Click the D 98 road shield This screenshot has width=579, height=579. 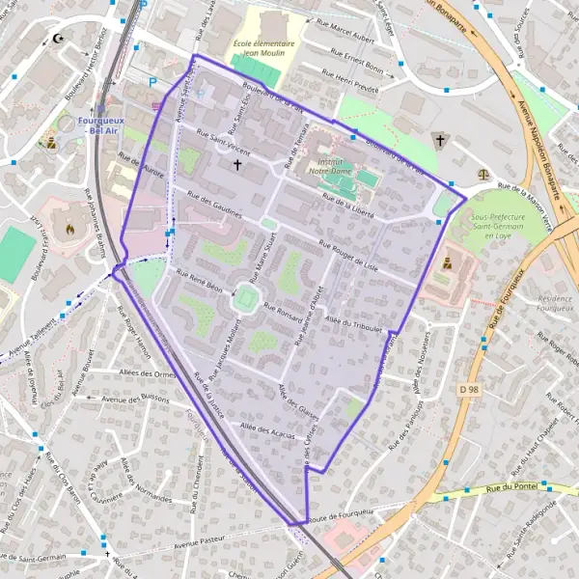469,389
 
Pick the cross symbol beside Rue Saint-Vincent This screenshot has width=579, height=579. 237,165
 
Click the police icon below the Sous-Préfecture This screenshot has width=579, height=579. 447,262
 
